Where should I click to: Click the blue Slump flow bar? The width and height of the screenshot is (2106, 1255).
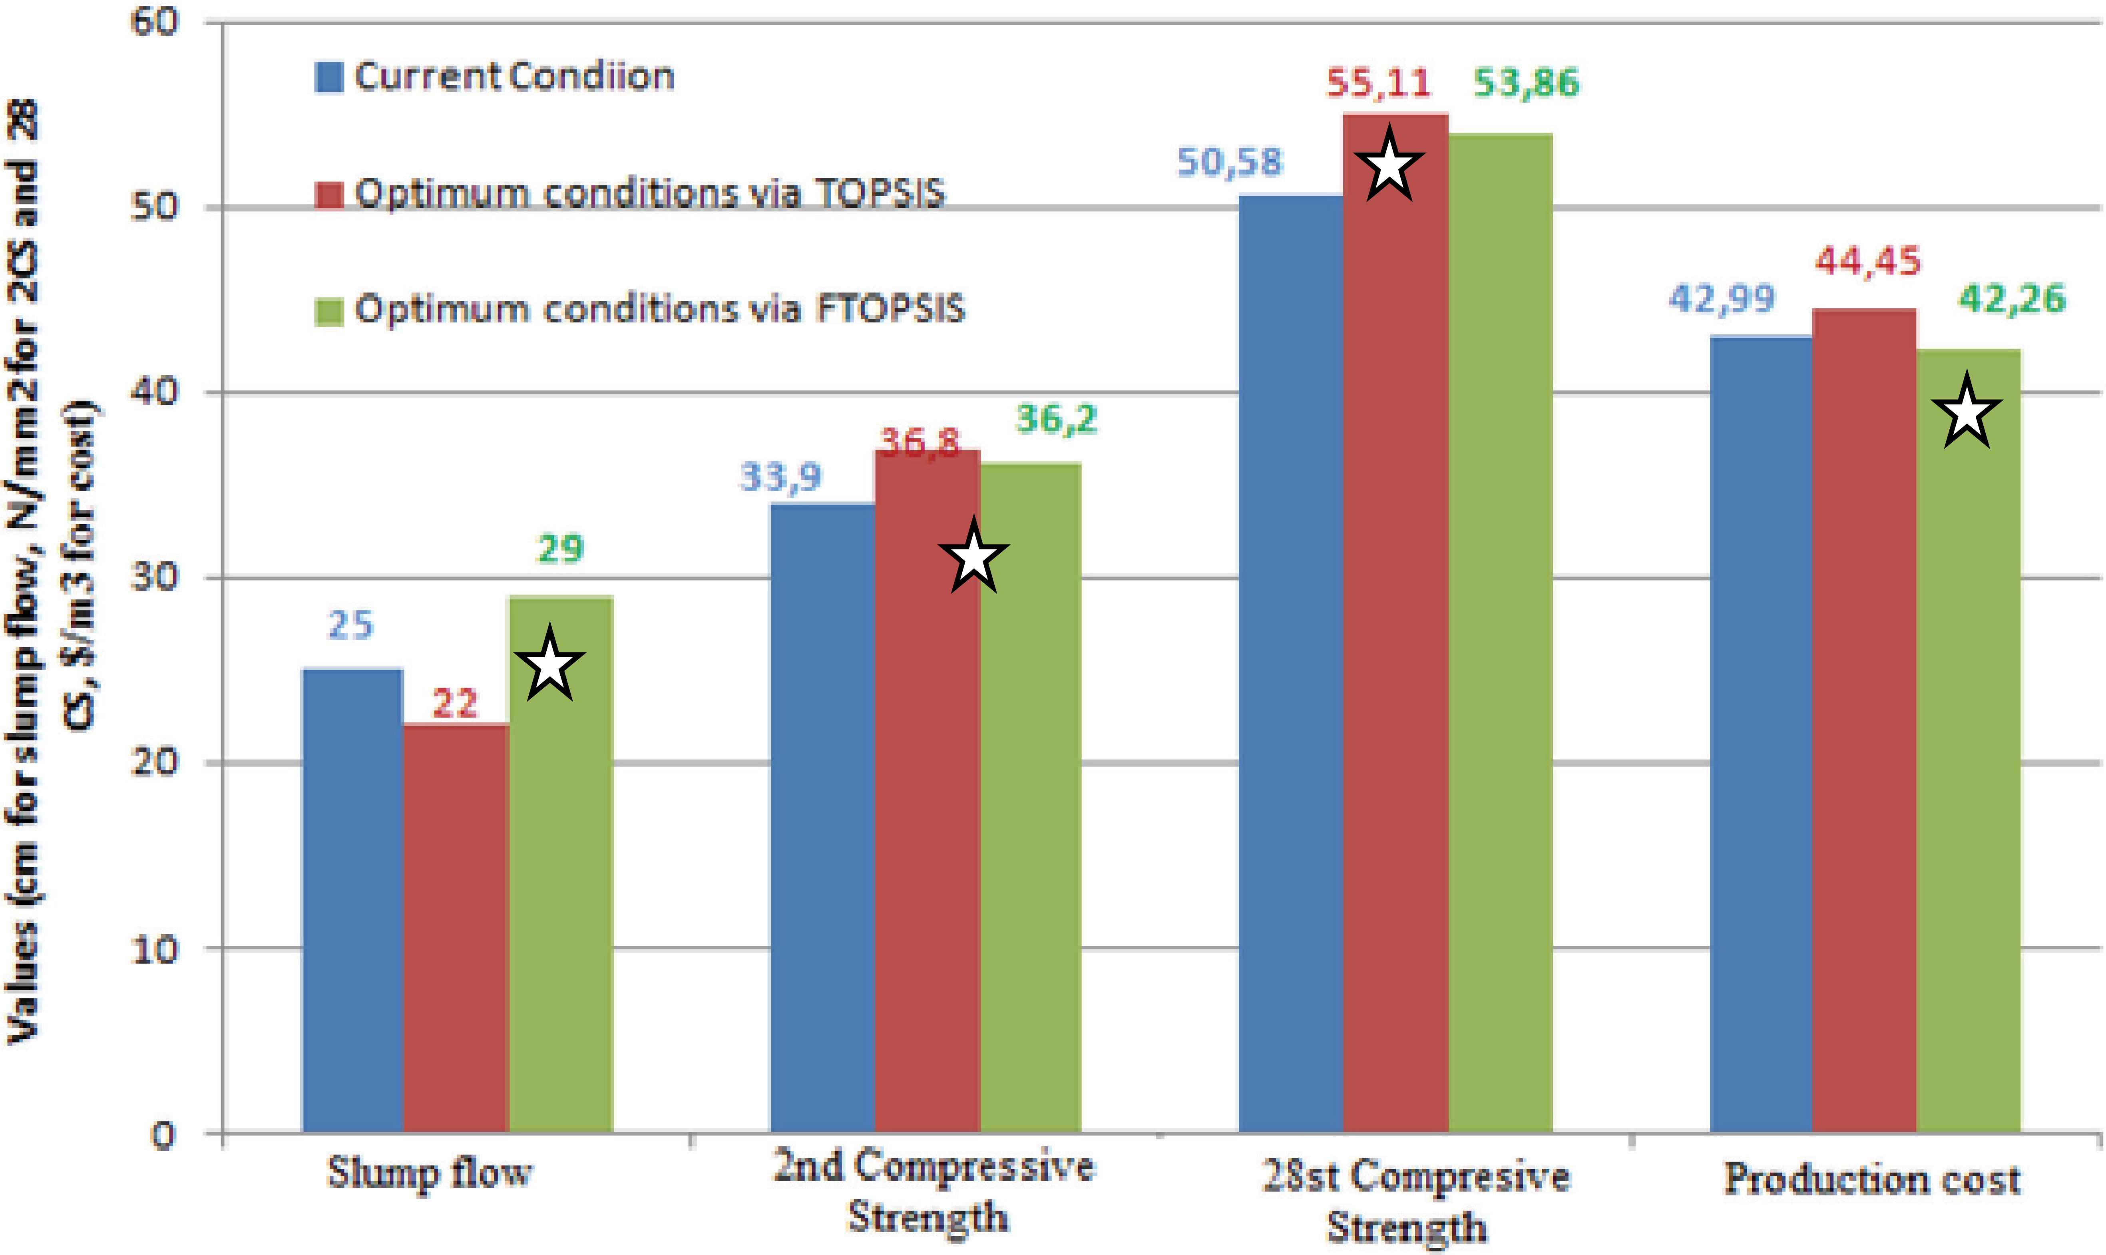click(353, 901)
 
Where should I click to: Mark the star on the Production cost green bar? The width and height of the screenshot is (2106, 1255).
click(1967, 413)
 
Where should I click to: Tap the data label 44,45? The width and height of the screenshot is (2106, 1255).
click(1867, 261)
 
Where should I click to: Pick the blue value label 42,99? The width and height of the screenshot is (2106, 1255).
click(1721, 298)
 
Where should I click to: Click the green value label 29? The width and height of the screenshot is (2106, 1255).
click(561, 550)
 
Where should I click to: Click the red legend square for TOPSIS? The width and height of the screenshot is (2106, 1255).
click(329, 195)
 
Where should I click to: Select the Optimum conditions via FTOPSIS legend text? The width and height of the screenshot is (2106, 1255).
click(660, 310)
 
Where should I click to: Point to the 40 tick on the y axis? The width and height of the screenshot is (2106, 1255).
click(157, 392)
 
